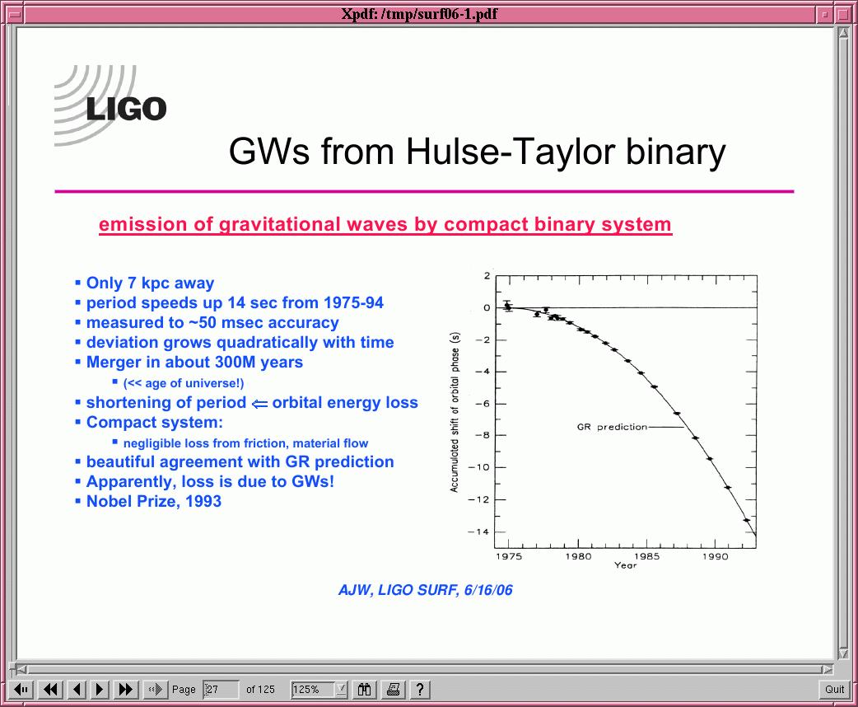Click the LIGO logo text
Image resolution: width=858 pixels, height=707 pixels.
coord(127,109)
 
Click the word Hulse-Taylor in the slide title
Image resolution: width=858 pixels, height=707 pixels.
coord(510,151)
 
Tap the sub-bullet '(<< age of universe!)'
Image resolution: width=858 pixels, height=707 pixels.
coord(184,383)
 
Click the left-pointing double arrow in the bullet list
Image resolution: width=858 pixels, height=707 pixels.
coord(259,404)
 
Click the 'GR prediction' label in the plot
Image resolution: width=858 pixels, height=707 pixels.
coord(612,427)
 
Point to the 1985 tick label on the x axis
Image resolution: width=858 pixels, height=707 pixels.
coord(647,556)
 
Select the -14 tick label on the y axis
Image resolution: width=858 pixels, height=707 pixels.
coord(478,531)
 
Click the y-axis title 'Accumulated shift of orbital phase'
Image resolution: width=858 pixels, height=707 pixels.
coord(455,412)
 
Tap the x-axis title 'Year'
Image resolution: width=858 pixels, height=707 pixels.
coord(626,565)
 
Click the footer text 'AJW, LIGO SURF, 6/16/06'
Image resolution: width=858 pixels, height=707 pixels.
coord(426,590)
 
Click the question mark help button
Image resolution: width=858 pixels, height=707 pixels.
coord(420,689)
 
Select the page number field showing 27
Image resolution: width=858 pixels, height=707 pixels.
coord(221,689)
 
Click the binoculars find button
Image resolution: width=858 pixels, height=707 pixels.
coord(365,689)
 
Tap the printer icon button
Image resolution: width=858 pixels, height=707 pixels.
coord(393,689)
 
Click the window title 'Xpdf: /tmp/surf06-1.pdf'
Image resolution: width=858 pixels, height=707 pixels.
coord(419,14)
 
